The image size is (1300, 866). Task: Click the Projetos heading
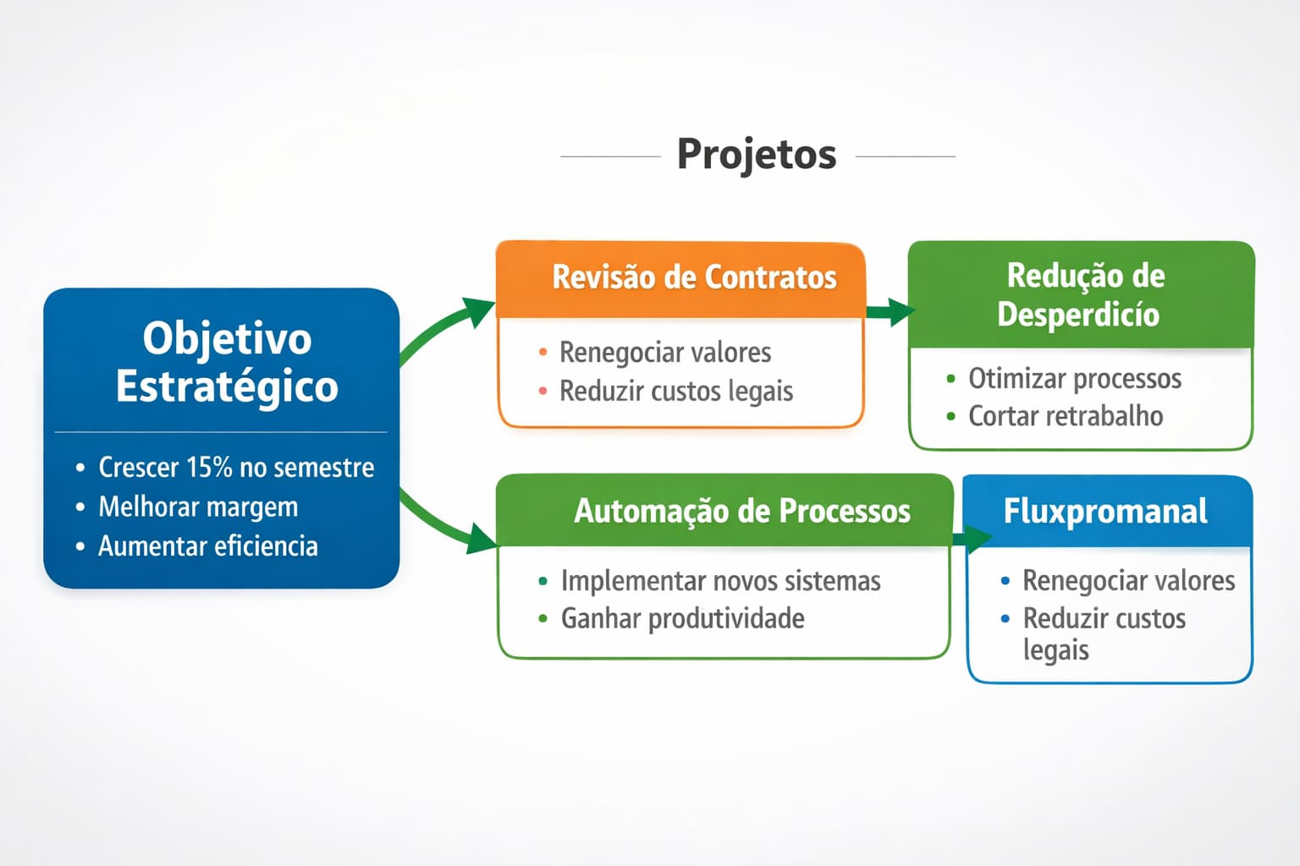[x=756, y=155]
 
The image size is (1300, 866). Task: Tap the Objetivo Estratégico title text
[x=227, y=362]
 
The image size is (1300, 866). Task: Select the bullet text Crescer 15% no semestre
[x=235, y=467]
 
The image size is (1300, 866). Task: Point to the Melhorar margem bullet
[x=198, y=507]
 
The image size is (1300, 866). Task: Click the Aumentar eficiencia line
[x=207, y=546]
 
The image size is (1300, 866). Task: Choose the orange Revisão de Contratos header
[x=693, y=277]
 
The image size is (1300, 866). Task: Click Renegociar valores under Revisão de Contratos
[x=664, y=352]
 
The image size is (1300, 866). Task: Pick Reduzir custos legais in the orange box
[x=675, y=391]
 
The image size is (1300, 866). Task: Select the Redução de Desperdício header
[x=1080, y=294]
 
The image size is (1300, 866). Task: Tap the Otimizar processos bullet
[x=1074, y=378]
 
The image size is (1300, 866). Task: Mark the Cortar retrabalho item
[x=1065, y=416]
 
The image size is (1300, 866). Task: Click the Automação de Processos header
[x=741, y=511]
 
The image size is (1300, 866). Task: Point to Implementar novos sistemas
[x=720, y=581]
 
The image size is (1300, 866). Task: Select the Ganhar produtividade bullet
[x=682, y=618]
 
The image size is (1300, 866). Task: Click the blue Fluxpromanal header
[x=1105, y=511]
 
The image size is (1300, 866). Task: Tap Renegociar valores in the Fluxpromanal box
[x=1128, y=581]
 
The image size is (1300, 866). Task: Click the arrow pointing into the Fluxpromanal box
[x=973, y=539]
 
